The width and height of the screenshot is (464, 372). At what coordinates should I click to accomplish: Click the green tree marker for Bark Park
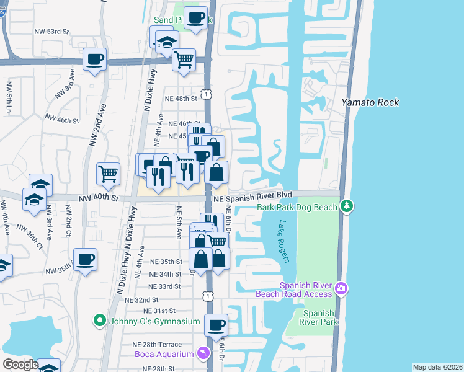tap(347, 205)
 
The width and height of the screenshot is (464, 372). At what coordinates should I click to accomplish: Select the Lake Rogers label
tap(284, 242)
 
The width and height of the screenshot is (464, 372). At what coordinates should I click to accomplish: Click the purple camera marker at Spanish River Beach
tap(341, 288)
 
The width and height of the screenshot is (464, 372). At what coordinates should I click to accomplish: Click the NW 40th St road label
tap(97, 198)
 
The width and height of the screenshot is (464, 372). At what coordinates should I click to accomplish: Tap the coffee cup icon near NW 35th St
tap(85, 259)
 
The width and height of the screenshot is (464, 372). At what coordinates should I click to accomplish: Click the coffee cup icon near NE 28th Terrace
tap(216, 325)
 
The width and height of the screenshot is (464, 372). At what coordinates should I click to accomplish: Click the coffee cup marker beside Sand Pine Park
tap(195, 18)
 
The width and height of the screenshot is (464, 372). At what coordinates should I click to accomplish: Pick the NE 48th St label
tap(181, 98)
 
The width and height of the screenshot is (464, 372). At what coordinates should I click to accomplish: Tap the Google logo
tap(20, 365)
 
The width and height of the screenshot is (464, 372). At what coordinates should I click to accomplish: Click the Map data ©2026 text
tap(437, 367)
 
